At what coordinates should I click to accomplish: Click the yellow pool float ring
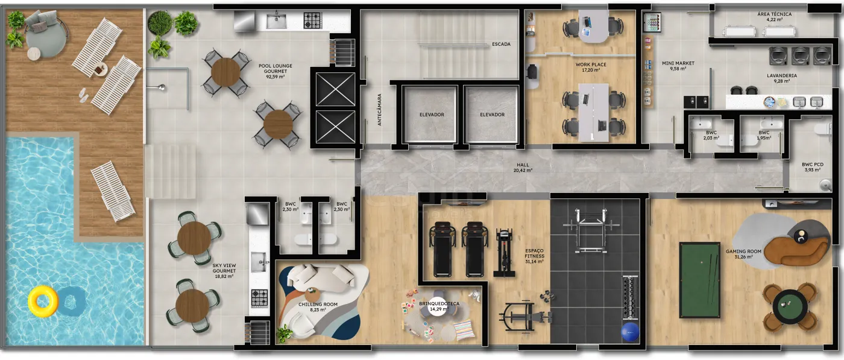[43, 301]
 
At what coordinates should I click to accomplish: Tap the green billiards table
[700, 280]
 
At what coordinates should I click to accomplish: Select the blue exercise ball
[630, 332]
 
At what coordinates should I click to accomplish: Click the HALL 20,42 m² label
[523, 168]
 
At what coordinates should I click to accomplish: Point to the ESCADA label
[501, 44]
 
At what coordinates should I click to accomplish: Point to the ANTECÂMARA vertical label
[379, 110]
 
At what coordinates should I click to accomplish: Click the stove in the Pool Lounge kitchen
[312, 21]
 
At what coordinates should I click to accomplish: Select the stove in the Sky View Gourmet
[260, 298]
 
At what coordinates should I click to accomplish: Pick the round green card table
[790, 306]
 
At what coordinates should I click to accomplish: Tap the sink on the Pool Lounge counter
[276, 21]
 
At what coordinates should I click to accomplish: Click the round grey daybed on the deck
[46, 35]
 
